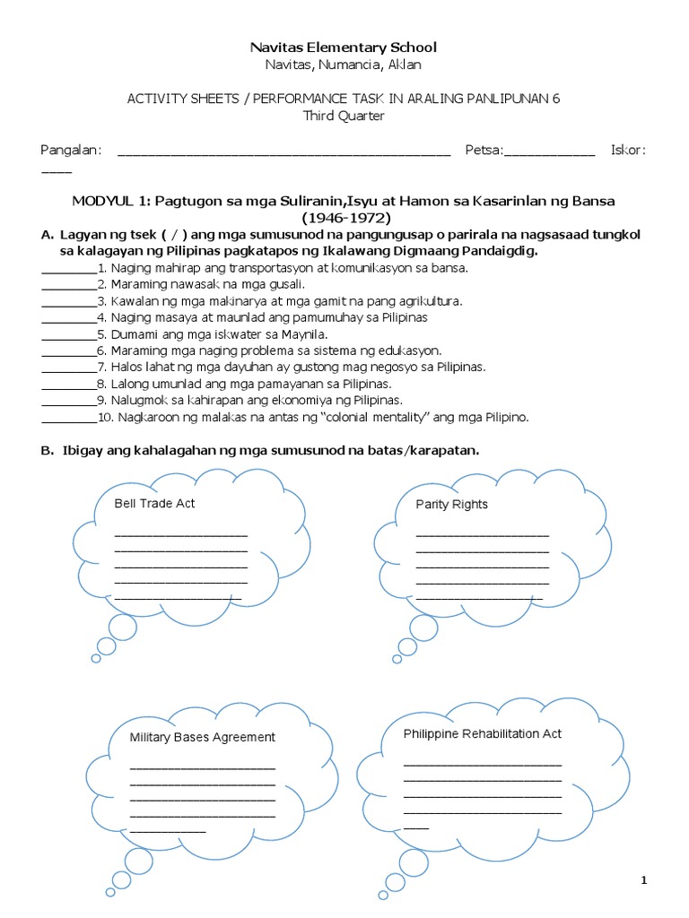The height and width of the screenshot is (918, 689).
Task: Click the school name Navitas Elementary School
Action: pyautogui.click(x=344, y=47)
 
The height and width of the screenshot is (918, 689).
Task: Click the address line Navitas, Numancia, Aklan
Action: pyautogui.click(x=344, y=65)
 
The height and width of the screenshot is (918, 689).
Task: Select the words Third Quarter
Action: pyautogui.click(x=344, y=117)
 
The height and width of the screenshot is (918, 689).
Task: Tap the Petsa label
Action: pyautogui.click(x=484, y=150)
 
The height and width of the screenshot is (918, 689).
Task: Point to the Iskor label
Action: pyautogui.click(x=627, y=150)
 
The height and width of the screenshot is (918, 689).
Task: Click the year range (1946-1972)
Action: pyautogui.click(x=344, y=217)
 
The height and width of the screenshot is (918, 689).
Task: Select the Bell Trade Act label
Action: pyautogui.click(x=154, y=504)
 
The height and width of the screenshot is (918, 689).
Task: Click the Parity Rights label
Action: pyautogui.click(x=451, y=505)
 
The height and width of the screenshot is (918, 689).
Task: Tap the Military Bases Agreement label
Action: pyautogui.click(x=202, y=737)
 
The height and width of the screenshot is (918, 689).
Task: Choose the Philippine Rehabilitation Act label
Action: pyautogui.click(x=482, y=733)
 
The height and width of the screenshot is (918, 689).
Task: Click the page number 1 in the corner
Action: pyautogui.click(x=643, y=881)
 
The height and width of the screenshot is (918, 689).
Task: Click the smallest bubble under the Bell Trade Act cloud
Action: pyautogui.click(x=96, y=659)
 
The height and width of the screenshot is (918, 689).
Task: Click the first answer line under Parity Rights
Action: pyautogui.click(x=482, y=534)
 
